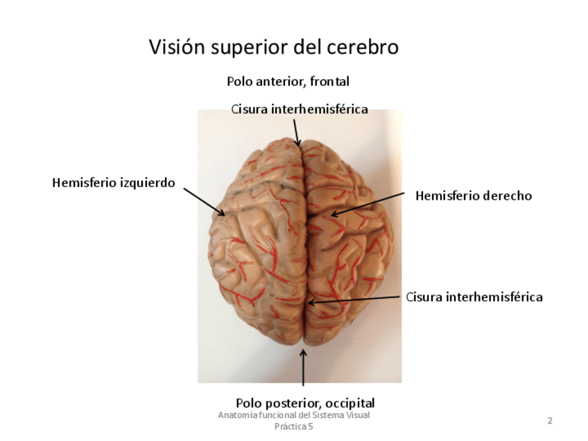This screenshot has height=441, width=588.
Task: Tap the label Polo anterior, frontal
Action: [288, 81]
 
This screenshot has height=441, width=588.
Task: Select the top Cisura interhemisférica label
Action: [299, 109]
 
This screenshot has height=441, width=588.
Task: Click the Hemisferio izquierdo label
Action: [114, 183]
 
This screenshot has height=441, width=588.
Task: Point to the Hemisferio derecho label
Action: [474, 196]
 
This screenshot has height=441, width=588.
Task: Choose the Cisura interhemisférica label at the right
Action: [474, 297]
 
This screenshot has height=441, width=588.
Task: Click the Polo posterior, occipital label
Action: [305, 403]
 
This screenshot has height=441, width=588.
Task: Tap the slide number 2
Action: [550, 420]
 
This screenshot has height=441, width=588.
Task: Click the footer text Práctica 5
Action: [294, 426]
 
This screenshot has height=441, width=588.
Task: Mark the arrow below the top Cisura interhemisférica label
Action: [296, 132]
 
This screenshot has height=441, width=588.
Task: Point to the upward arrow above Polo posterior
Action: [303, 367]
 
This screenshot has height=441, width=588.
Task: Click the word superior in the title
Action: [243, 47]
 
